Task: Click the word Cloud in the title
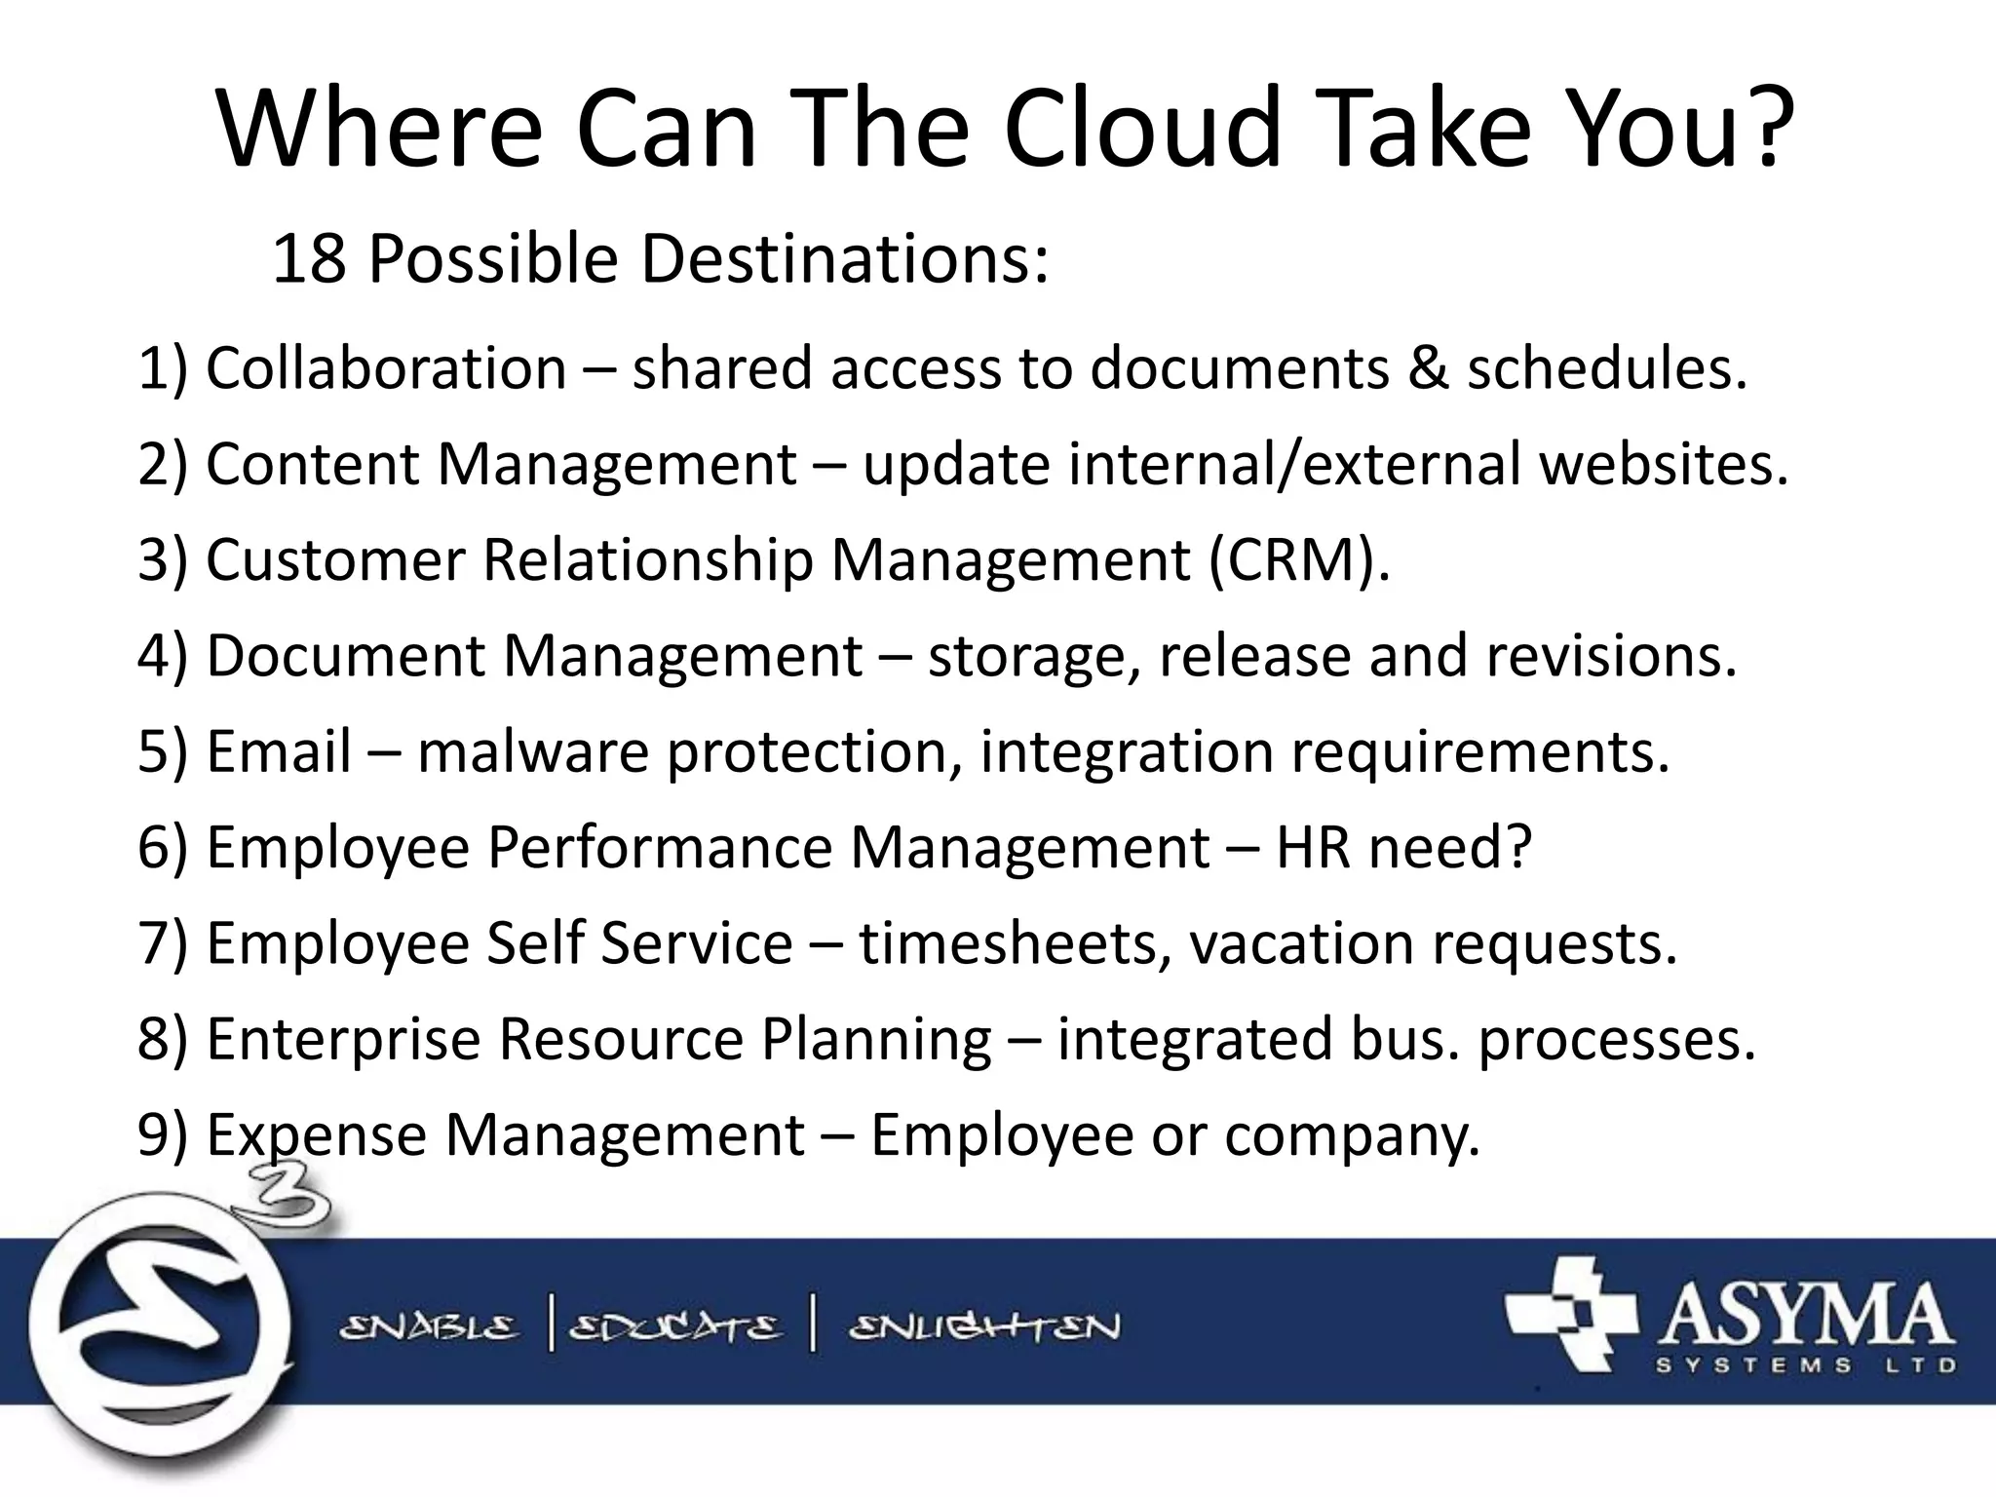coord(1140,130)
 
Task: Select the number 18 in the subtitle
coord(308,259)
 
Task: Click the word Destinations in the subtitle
coord(844,259)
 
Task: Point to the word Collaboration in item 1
coord(386,368)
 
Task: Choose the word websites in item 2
coord(1663,464)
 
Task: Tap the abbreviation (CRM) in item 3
coord(1298,560)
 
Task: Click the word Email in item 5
coord(279,751)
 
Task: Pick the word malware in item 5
coord(532,751)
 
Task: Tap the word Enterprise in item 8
coord(343,1039)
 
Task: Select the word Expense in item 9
coord(317,1135)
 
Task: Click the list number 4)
coord(162,656)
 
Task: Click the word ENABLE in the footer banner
coord(429,1327)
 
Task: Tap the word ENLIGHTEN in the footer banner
coord(984,1327)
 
